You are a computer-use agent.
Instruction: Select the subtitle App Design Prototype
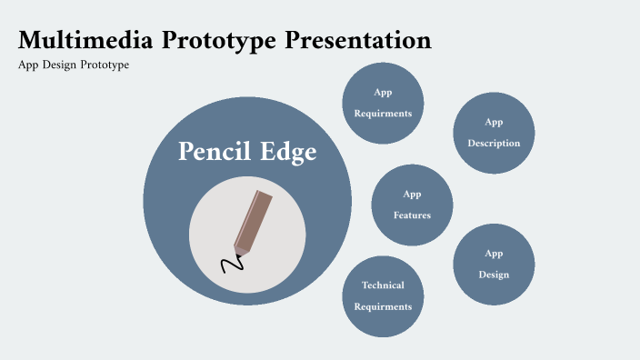click(x=74, y=65)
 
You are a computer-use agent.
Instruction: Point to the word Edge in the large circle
click(x=288, y=152)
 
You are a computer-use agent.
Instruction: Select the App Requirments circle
click(x=383, y=103)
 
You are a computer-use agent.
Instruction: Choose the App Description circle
click(x=494, y=133)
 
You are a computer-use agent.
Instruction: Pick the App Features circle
click(x=412, y=205)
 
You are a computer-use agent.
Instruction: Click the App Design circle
click(x=494, y=264)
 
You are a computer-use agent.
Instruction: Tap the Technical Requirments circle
click(x=383, y=295)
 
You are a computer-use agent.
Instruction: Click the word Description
click(x=494, y=144)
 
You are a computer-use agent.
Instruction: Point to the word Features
click(x=412, y=215)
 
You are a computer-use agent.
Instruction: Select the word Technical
click(x=383, y=285)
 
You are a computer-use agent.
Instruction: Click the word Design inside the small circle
click(x=494, y=275)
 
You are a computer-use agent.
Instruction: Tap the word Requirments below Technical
click(x=383, y=307)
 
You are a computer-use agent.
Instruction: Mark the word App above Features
click(x=412, y=194)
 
